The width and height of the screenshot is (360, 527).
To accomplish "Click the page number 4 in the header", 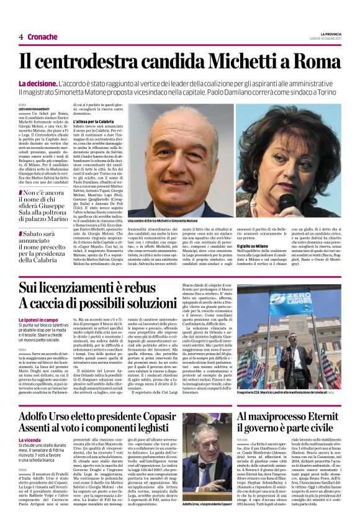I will [21, 37].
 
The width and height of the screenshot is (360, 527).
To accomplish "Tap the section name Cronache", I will [43, 37].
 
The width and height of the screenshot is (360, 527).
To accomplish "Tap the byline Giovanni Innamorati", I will [35, 109].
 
